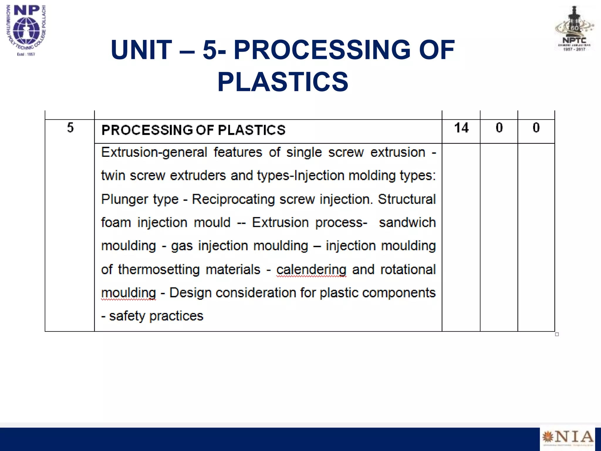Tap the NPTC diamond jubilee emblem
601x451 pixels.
574,29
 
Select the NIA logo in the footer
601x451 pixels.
567,437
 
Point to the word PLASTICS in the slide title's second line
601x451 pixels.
283,82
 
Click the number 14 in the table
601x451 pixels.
461,128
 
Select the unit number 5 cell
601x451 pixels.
70,128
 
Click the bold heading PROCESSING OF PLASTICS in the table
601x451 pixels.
193,130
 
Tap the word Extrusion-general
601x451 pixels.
154,152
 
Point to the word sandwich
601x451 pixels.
407,223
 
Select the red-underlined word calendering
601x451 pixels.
311,270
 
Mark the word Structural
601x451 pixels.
406,199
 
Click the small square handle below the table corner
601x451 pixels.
557,334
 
